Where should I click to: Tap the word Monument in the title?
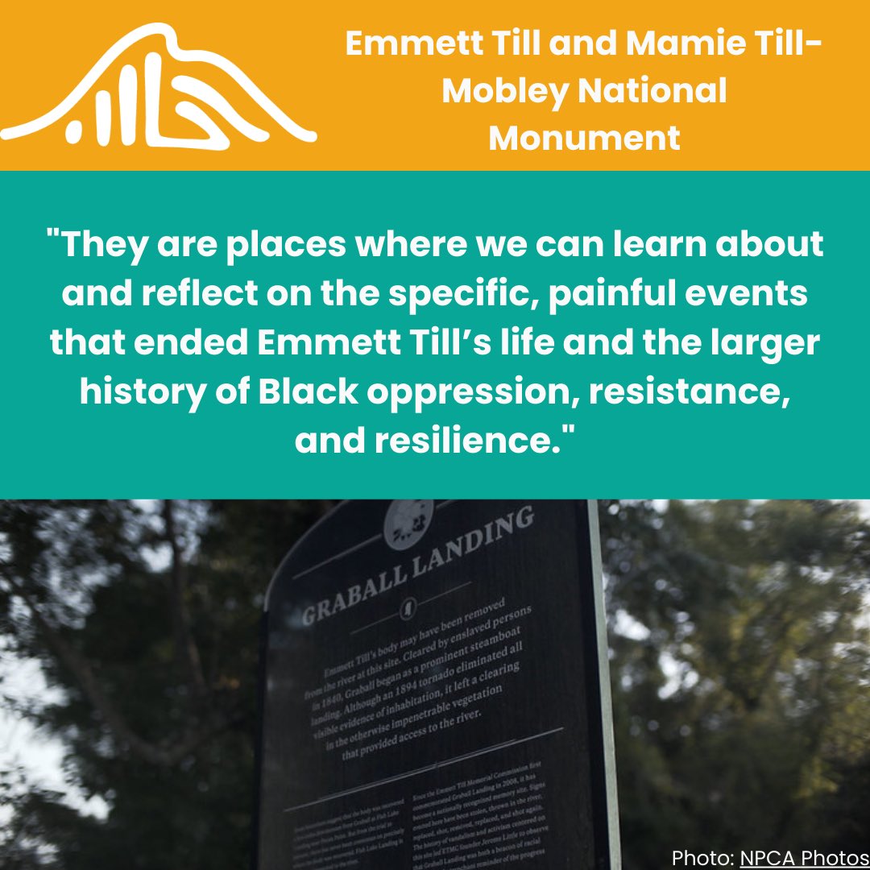[x=585, y=139]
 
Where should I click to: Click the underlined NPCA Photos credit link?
[x=804, y=856]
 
